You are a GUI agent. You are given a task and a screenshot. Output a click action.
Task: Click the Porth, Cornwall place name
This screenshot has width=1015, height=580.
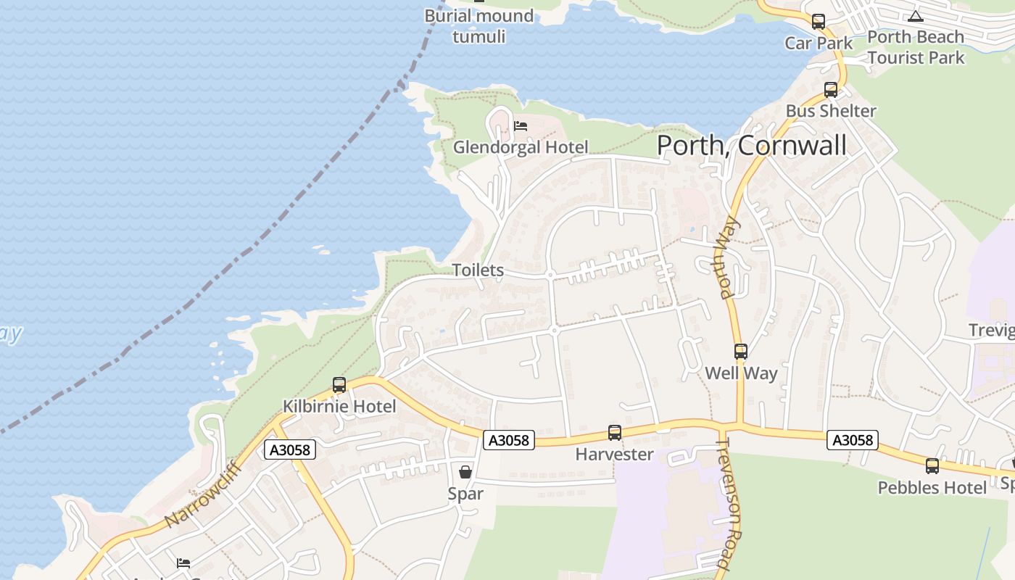(x=751, y=145)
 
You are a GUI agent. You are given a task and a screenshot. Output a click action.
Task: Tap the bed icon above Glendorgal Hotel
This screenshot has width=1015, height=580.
(x=521, y=126)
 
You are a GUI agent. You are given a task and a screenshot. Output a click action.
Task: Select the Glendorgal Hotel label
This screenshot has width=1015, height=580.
(x=521, y=147)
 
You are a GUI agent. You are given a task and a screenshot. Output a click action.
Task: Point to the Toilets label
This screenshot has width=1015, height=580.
(x=478, y=270)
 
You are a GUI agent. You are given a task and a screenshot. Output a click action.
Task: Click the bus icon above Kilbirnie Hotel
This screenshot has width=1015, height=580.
(x=339, y=385)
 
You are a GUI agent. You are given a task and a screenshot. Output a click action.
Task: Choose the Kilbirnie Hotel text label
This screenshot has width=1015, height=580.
(x=339, y=406)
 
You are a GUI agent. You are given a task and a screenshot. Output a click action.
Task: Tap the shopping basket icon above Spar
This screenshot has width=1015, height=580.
(x=465, y=472)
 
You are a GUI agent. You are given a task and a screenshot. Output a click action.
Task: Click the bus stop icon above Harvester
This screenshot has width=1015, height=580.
(x=615, y=433)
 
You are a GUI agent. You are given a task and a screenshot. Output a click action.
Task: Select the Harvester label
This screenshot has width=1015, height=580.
(x=615, y=455)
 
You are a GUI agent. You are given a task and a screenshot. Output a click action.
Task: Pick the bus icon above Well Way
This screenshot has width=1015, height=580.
(x=741, y=352)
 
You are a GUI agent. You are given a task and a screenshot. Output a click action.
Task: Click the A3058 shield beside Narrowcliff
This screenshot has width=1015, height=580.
(x=290, y=449)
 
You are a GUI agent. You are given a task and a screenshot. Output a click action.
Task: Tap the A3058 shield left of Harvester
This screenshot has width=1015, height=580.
(x=509, y=440)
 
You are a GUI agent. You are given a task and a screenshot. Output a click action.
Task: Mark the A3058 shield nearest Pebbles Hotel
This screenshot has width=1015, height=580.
(x=853, y=440)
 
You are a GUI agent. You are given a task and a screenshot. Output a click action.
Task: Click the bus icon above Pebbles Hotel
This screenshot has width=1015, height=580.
(x=932, y=466)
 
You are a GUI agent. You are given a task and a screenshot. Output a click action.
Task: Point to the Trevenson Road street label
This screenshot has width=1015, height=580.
(x=731, y=503)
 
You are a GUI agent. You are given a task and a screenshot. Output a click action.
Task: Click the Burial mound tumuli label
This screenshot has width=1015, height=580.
(x=479, y=25)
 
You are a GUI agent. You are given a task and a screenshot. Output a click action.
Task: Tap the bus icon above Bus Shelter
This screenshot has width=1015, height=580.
(x=831, y=90)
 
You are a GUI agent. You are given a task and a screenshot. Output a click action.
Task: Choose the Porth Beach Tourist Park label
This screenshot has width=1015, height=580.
(x=916, y=46)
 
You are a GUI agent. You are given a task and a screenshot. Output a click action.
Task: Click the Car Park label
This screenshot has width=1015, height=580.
(x=819, y=43)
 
